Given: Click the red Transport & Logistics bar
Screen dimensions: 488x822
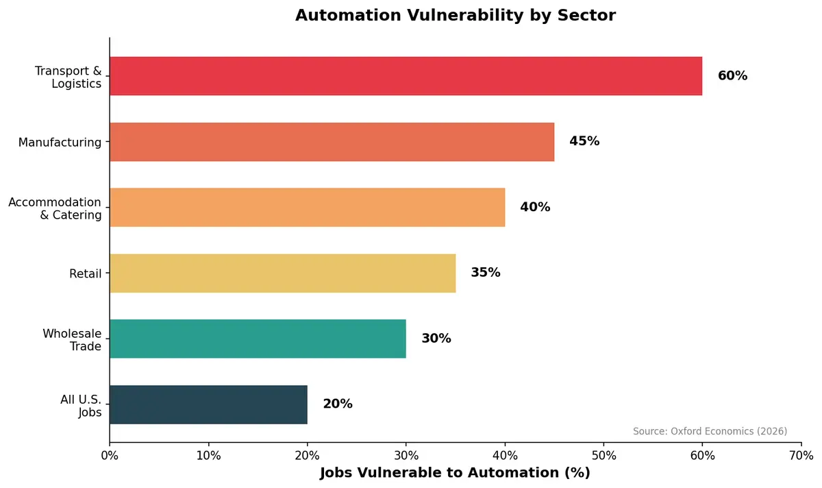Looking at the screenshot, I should click(x=406, y=76).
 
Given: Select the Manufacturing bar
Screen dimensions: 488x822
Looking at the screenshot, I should click(x=332, y=142).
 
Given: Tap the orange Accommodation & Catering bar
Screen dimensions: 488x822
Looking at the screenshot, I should click(x=307, y=207).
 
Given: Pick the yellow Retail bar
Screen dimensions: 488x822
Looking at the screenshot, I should click(x=282, y=273).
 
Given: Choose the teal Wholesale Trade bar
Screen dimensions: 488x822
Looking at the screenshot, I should click(x=258, y=339).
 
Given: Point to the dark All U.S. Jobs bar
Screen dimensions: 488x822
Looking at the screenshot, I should click(x=208, y=404).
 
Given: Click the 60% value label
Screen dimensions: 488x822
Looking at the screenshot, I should click(x=732, y=76).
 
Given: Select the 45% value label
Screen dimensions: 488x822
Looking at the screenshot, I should click(x=584, y=142).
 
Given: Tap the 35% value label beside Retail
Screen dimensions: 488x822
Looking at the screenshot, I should click(x=486, y=273).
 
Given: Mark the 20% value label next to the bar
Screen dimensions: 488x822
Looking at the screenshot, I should click(x=338, y=404).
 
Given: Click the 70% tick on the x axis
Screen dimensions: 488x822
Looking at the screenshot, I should click(x=801, y=456).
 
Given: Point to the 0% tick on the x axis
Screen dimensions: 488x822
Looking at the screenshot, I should click(x=110, y=456).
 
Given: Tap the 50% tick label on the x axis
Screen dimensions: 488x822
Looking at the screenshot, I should click(x=603, y=456).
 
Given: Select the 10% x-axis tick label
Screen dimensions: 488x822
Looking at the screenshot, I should click(x=208, y=456).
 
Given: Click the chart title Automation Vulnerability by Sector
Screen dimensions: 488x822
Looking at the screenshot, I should click(x=456, y=15).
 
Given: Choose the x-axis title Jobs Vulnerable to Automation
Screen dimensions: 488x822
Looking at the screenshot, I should click(x=455, y=473).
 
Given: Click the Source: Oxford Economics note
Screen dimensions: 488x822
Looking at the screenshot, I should click(x=710, y=431).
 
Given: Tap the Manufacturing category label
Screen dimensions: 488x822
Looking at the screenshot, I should click(x=60, y=143).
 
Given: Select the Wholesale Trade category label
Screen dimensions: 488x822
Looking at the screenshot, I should click(x=72, y=340).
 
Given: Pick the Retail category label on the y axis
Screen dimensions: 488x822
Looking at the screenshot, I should click(x=85, y=274).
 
